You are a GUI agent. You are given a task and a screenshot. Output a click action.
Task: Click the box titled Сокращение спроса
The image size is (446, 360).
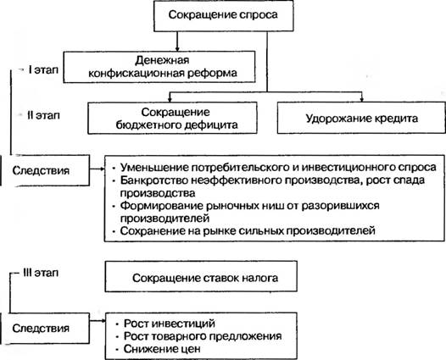point(223,15)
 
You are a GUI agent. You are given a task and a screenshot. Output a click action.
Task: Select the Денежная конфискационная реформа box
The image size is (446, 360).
point(159,67)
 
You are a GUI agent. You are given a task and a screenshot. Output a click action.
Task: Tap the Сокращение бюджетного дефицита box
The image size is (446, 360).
point(172,118)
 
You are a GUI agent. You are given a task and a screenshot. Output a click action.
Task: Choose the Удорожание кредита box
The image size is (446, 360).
point(361,118)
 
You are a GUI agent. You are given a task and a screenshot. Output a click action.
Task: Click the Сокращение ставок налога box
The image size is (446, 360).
point(201,276)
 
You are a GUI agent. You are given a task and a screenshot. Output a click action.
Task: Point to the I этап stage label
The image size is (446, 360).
point(43,69)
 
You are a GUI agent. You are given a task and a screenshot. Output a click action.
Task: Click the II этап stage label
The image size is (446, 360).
point(43,115)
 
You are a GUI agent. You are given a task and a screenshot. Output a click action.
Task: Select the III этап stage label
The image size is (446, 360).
point(41,273)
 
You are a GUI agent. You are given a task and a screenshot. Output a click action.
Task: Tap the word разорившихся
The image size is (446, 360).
point(341,206)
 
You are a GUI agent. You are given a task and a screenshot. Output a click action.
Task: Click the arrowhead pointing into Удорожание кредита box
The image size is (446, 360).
point(362,99)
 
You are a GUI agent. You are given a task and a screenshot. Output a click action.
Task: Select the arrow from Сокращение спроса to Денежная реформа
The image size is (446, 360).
point(177,42)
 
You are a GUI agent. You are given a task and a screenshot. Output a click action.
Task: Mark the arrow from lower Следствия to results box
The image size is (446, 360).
point(98,321)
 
